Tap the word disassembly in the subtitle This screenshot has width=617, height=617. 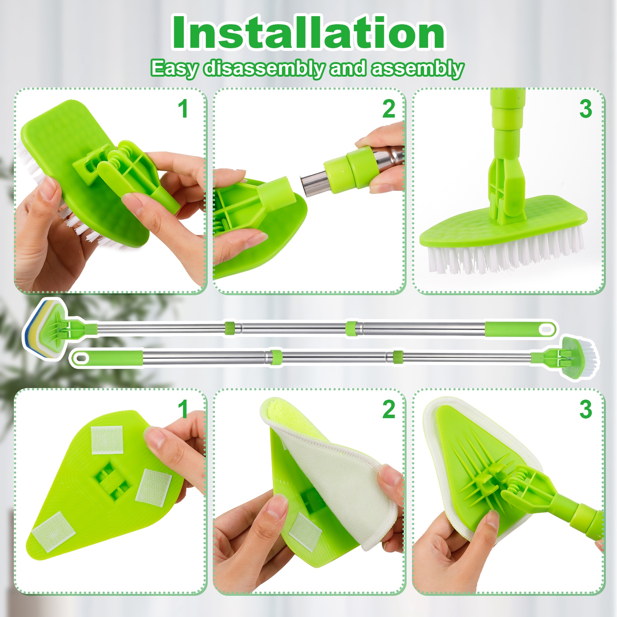(264, 69)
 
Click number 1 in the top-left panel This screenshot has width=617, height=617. (183, 109)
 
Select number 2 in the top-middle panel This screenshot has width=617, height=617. (388, 109)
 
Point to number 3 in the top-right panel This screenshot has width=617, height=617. (585, 109)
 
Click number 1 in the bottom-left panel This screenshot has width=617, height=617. (183, 409)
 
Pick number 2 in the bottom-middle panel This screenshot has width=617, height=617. (388, 409)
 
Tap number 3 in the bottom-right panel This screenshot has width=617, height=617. (585, 409)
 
